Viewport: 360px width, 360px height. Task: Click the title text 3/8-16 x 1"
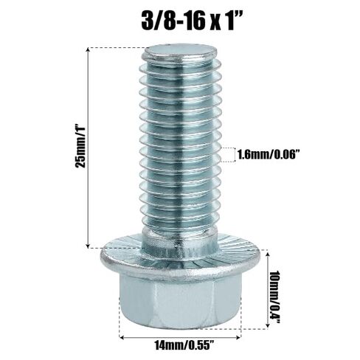point(192,21)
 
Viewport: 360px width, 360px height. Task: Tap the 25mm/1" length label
point(80,147)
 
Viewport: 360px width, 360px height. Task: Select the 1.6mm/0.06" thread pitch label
point(269,155)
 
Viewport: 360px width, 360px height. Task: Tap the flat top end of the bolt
point(181,52)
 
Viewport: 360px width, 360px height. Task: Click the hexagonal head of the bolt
point(180,301)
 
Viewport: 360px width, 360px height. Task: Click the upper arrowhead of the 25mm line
point(88,49)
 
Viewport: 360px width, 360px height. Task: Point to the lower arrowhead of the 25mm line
point(88,246)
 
